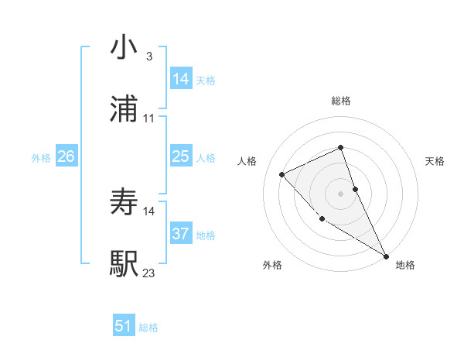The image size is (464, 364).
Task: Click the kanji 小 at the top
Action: (x=125, y=48)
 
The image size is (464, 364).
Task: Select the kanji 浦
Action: (x=125, y=111)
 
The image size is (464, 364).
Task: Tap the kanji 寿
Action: (x=125, y=203)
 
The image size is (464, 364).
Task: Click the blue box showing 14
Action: (x=181, y=79)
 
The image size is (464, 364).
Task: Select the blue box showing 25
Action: (x=181, y=156)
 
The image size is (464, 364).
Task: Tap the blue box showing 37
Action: (x=181, y=233)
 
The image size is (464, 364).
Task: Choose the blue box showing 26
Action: (x=67, y=156)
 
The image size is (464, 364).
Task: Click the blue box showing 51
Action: (x=124, y=326)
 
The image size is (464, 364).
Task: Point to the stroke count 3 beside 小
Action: (x=148, y=57)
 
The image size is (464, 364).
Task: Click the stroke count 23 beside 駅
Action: (x=148, y=273)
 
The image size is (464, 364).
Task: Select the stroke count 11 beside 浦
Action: (x=148, y=118)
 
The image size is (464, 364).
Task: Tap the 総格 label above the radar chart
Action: (x=341, y=101)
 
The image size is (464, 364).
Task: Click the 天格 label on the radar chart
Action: (x=435, y=161)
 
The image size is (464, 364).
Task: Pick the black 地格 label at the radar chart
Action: (x=405, y=265)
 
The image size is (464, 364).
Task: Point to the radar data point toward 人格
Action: (x=282, y=174)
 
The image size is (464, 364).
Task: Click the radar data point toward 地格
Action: (x=386, y=256)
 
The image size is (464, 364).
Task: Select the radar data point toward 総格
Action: (x=340, y=147)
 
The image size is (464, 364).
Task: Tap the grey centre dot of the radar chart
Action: (x=341, y=194)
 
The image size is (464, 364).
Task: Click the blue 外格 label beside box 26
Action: (x=41, y=157)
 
